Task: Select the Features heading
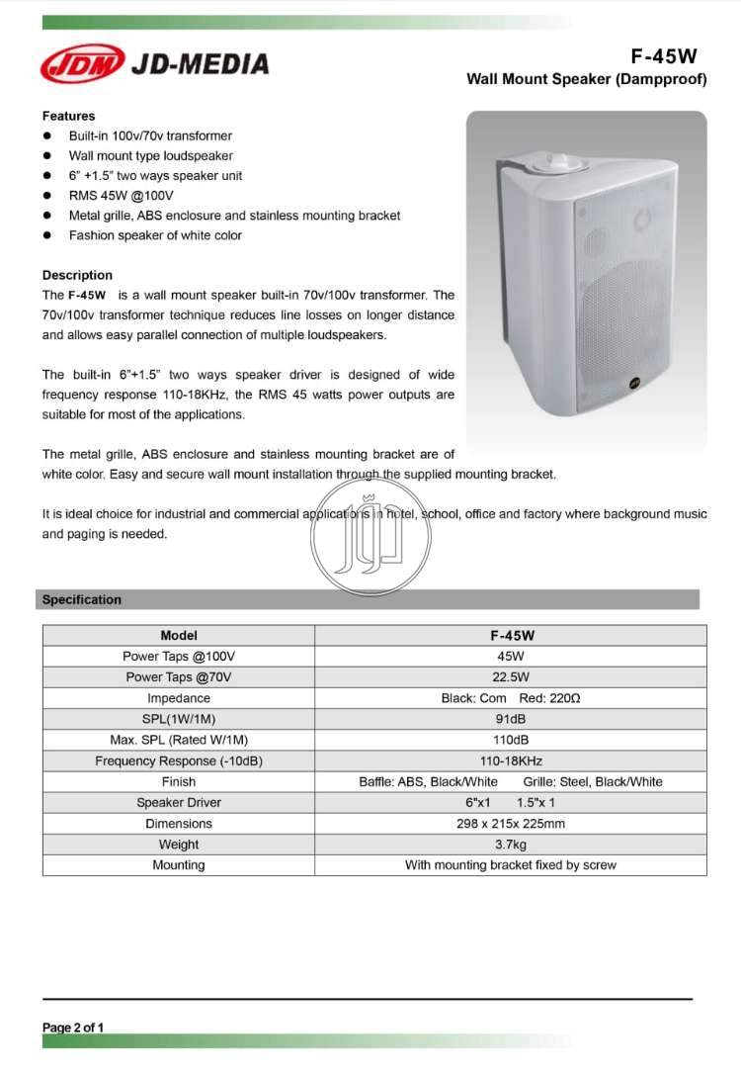point(68,116)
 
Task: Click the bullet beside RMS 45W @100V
point(46,196)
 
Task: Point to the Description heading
point(77,275)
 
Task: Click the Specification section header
point(82,599)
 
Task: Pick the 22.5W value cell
point(511,677)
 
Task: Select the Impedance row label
point(179,698)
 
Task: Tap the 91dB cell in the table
point(511,719)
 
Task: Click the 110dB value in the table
point(511,740)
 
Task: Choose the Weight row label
point(179,845)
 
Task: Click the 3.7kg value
point(511,845)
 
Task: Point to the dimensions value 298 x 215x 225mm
point(511,824)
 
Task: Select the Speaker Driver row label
point(179,802)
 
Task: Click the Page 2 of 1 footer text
point(73,1027)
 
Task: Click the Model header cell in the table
point(179,635)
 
